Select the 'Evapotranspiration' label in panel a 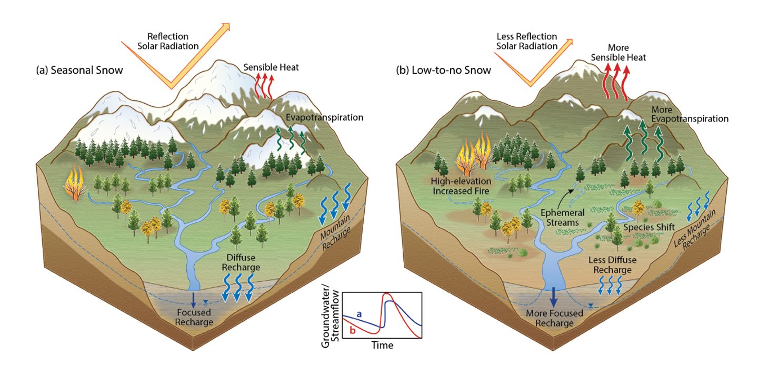[324, 117]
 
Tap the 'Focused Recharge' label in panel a [194, 317]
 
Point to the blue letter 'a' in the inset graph [359, 314]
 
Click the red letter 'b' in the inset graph [352, 330]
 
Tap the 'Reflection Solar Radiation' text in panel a [168, 41]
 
